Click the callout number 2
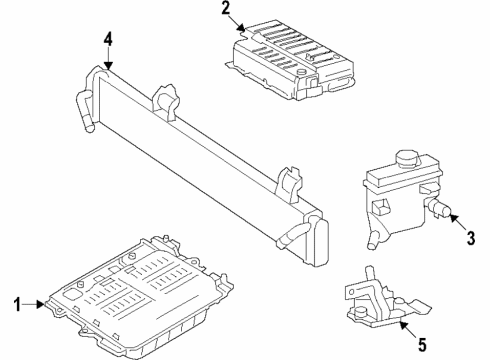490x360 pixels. point(226,12)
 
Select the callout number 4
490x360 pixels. point(107,40)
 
